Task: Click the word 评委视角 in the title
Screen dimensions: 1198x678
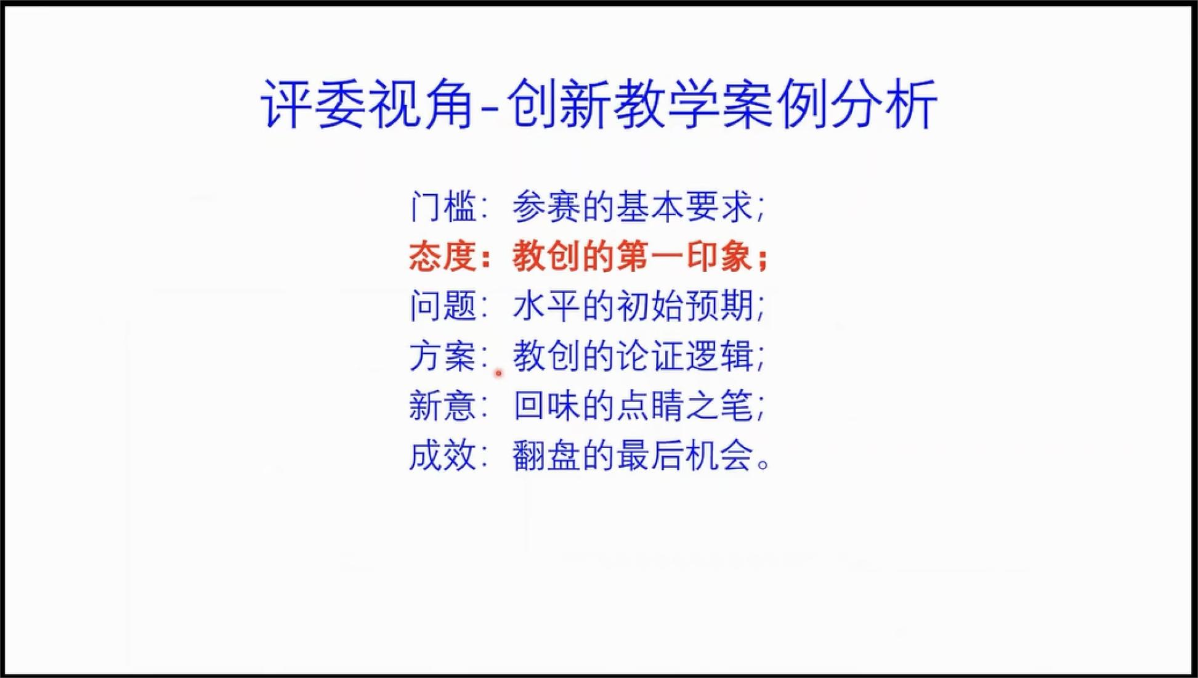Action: tap(367, 104)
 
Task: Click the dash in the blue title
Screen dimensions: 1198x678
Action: tap(490, 109)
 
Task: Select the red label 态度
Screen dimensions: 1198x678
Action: tap(443, 256)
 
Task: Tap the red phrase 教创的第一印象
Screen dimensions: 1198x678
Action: tap(633, 256)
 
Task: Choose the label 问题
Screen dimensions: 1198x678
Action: tap(443, 306)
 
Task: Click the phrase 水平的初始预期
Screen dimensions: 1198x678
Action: tap(633, 306)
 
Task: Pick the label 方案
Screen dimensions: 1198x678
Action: tap(443, 356)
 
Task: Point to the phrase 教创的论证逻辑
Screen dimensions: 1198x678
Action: tap(633, 356)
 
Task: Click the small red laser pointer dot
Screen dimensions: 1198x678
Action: tap(498, 373)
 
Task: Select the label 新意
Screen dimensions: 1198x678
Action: tap(443, 406)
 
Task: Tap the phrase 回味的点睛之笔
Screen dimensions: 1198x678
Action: tap(633, 406)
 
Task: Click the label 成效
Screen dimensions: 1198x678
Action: tap(443, 456)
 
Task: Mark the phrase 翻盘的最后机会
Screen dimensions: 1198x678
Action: tap(633, 456)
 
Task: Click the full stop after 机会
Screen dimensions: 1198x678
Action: tap(763, 464)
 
